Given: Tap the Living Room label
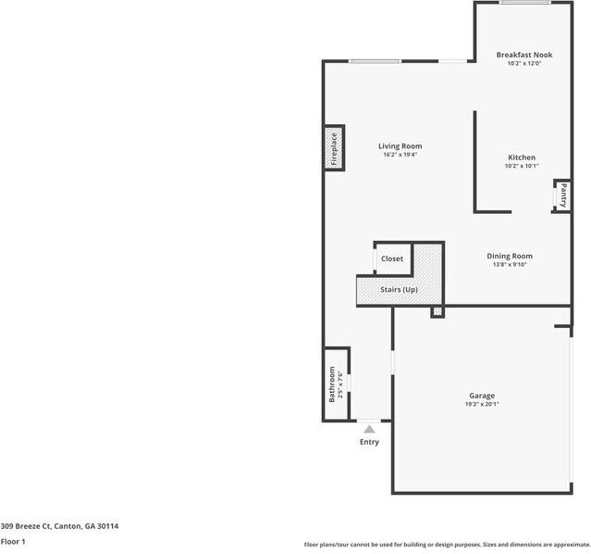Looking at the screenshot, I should (x=400, y=145).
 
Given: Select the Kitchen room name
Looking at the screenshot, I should (x=521, y=157).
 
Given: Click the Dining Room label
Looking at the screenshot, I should (x=510, y=256).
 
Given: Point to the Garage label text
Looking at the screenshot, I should (x=481, y=396).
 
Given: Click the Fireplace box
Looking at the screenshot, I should (x=334, y=148).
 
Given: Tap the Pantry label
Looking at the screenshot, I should (x=561, y=196).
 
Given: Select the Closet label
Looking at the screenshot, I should (x=392, y=258).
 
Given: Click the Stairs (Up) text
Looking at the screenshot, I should (x=399, y=290).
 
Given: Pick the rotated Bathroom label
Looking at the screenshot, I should (x=332, y=384).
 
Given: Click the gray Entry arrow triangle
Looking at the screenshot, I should (x=369, y=428).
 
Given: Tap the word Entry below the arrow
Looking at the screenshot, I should (x=369, y=442).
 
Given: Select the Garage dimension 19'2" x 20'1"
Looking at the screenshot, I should (x=481, y=405).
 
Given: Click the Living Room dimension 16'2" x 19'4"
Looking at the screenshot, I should (x=400, y=155).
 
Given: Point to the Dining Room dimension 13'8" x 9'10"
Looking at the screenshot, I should (x=510, y=265).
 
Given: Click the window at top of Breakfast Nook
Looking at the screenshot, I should (x=525, y=3).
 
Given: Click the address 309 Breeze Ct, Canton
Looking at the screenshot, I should (x=59, y=526).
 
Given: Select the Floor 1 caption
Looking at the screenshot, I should (x=13, y=541).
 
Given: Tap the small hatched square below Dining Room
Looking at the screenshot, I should (x=437, y=312).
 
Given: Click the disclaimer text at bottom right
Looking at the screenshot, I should (x=447, y=545).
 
